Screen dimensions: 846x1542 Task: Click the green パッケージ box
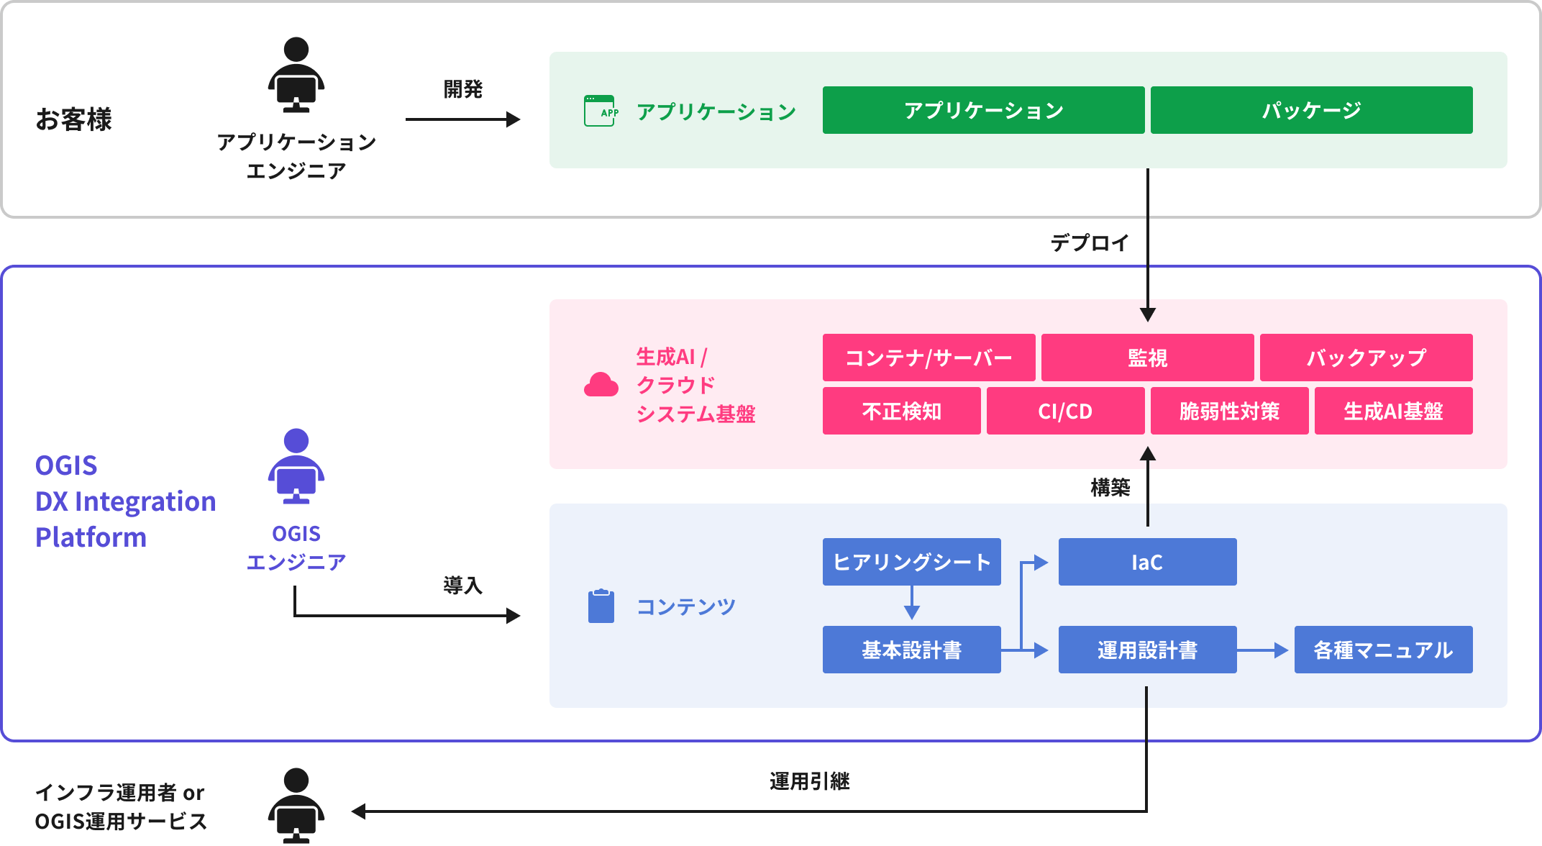pos(1311,110)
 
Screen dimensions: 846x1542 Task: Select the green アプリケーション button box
pos(983,110)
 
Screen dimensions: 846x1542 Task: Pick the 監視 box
pos(1147,358)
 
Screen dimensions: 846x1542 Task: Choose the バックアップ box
pos(1366,358)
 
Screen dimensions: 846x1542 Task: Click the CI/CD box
pos(1065,411)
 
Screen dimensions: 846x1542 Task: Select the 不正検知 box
pos(901,411)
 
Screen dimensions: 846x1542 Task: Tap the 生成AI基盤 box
pos(1393,411)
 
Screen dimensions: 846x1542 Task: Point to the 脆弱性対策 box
pos(1229,411)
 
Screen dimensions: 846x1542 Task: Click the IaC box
pos(1147,562)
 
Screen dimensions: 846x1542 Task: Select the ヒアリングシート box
pos(911,562)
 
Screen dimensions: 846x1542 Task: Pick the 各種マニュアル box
pos(1383,650)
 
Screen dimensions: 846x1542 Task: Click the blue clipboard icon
pos(601,606)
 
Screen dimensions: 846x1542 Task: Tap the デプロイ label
pos(1090,242)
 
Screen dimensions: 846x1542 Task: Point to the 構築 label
pos(1110,487)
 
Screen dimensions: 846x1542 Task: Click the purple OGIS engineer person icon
pos(296,466)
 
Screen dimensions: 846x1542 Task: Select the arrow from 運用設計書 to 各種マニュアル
pos(1263,650)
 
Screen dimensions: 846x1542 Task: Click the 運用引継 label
pos(809,781)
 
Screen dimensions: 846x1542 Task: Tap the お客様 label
pos(74,119)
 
